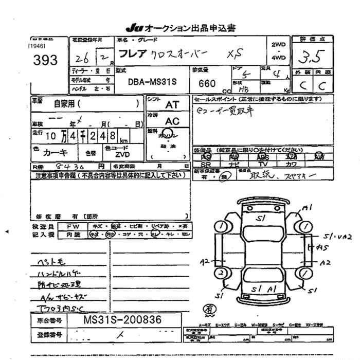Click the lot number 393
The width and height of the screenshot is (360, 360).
pyautogui.click(x=44, y=61)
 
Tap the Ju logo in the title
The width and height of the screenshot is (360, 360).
pyautogui.click(x=133, y=28)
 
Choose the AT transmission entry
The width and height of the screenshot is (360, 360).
pyautogui.click(x=171, y=103)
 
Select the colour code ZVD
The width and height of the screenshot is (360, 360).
pyautogui.click(x=122, y=154)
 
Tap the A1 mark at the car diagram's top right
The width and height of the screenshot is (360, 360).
pyautogui.click(x=308, y=207)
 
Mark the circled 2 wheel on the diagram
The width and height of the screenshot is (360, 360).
pyautogui.click(x=221, y=273)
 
